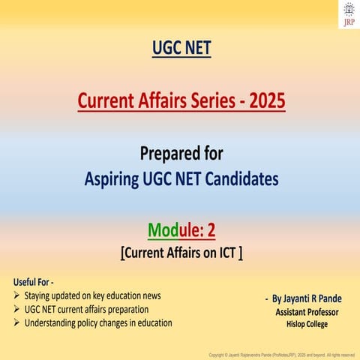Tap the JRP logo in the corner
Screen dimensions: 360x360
point(348,13)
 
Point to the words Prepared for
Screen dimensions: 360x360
point(180,154)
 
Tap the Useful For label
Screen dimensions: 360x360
point(34,281)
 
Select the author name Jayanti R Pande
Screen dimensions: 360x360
point(305,298)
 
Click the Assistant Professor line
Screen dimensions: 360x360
point(307,311)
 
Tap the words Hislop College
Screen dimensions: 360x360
point(306,324)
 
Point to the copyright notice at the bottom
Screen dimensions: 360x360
point(280,353)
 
